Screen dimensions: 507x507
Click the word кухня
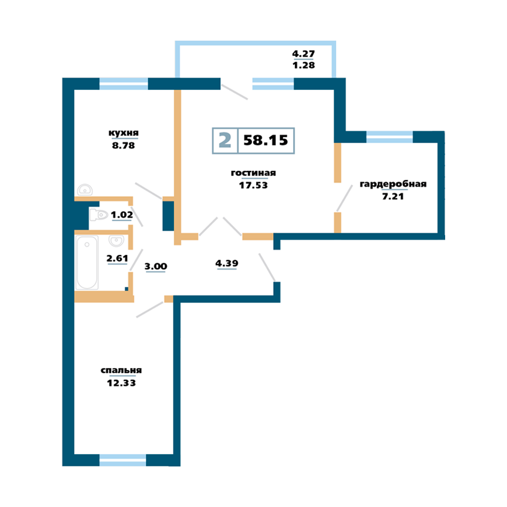[124, 133]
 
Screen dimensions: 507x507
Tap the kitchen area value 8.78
[124, 146]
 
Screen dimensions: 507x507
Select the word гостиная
[253, 173]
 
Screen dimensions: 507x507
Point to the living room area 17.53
[253, 185]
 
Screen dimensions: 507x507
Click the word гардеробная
[393, 184]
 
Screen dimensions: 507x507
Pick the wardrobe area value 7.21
[393, 196]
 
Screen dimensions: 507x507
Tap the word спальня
[121, 371]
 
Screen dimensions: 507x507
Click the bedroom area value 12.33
[121, 383]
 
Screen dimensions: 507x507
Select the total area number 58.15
[266, 140]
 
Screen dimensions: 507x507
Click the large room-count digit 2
[225, 140]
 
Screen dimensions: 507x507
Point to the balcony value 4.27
[303, 54]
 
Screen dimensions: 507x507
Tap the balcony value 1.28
[303, 65]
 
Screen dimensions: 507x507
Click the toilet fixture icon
[99, 214]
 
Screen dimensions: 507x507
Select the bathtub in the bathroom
[87, 263]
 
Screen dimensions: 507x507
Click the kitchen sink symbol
[85, 190]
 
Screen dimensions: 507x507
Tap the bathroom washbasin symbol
[116, 240]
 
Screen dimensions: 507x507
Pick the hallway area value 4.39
[227, 264]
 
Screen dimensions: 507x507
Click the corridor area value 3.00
[156, 267]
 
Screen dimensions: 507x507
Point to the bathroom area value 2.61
[117, 259]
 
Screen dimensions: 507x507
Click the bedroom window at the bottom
[123, 460]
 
